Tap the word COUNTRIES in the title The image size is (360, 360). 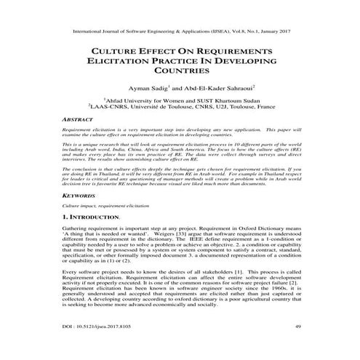pos(180,73)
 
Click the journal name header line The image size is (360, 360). pos(180,33)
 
